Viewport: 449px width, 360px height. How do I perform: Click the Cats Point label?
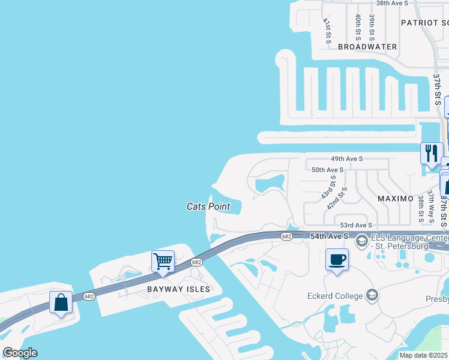click(x=208, y=206)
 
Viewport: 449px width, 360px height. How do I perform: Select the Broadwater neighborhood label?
click(x=367, y=46)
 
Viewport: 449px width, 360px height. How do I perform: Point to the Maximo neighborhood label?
click(x=395, y=198)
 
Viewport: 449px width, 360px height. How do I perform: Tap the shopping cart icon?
click(x=163, y=261)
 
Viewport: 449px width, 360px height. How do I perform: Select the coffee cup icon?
click(x=337, y=259)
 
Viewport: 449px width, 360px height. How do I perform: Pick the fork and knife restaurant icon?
click(x=431, y=153)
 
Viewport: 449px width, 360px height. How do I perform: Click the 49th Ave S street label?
click(x=347, y=159)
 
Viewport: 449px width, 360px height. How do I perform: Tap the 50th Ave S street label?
click(x=327, y=170)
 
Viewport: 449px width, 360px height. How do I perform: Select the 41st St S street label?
click(x=327, y=31)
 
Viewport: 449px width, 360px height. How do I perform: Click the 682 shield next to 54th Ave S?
click(x=286, y=236)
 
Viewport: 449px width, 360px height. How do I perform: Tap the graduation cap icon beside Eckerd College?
click(x=372, y=295)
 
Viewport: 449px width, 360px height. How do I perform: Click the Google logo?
click(x=20, y=353)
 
